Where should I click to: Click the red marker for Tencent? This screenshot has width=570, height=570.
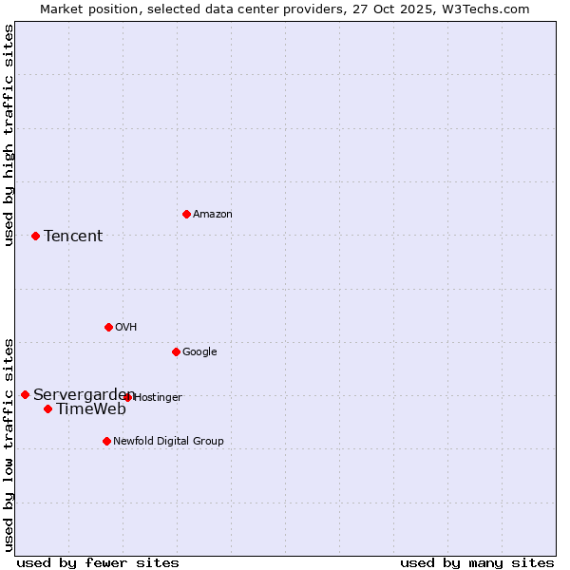coord(35,236)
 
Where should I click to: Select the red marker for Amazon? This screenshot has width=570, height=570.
coord(186,214)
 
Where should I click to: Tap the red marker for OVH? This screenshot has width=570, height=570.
coord(108,327)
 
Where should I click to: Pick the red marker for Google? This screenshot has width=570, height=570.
coord(176,351)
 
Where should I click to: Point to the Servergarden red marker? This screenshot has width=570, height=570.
coord(25,394)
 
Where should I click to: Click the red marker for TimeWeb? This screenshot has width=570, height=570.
coord(47,408)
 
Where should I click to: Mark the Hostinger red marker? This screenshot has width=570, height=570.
coord(127,397)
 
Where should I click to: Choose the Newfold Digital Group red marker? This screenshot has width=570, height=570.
coord(106,441)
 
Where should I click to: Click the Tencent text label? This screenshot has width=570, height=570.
coord(73,236)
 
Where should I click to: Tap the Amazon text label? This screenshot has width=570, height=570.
coord(213,215)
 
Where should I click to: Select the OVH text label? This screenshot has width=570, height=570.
coord(126,328)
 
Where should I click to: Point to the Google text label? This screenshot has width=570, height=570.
coord(199,352)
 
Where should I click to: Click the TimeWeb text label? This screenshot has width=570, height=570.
coord(91,409)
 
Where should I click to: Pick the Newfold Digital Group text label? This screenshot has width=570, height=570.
coord(168,442)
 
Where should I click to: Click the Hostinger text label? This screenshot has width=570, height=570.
coord(159,397)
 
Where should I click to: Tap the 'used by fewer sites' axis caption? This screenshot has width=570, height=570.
coord(98,562)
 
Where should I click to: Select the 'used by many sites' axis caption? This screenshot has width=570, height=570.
coord(477,562)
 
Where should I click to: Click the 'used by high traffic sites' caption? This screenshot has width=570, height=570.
coord(9,136)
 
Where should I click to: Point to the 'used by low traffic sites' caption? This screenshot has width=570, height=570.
coord(9,445)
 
